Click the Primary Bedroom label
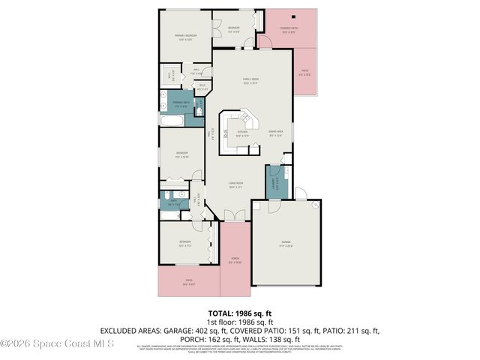coord(186,37)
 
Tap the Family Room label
coord(250,81)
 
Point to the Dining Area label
coord(275,134)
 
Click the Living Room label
coord(237,185)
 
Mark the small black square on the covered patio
coord(294,16)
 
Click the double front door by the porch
coord(235,217)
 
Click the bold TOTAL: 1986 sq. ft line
coord(239,314)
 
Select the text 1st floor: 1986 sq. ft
coord(240,322)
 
